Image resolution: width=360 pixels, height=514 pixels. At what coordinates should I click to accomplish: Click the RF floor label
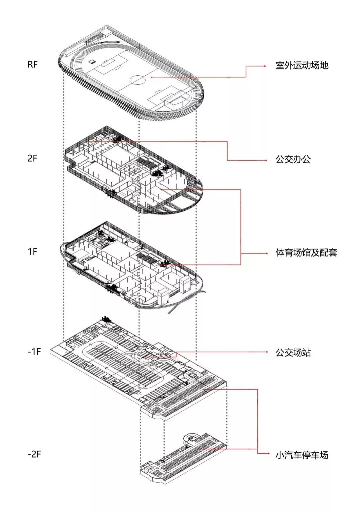tap(33, 64)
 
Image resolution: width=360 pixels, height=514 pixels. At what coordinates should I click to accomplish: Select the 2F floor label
tap(32, 158)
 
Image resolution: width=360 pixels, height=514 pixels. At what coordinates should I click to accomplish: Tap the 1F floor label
tap(32, 251)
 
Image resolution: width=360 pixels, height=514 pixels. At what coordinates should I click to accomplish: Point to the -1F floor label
tap(34, 352)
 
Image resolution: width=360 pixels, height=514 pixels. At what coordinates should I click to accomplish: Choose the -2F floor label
tap(34, 454)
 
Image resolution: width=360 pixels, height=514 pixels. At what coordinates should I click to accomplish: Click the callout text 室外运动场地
tap(302, 65)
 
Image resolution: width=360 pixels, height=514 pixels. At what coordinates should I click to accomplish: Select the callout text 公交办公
tap(293, 159)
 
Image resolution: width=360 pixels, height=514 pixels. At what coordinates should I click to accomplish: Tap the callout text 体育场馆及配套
tap(306, 252)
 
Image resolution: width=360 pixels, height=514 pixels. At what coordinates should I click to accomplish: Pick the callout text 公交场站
tap(293, 353)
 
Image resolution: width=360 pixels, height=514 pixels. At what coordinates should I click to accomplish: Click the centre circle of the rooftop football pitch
tap(137, 80)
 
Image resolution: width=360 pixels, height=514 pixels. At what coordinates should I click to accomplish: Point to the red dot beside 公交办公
tap(266, 160)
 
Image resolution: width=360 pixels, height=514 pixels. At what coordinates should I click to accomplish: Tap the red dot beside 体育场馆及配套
tap(267, 253)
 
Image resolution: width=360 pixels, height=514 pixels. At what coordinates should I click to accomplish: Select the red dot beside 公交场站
tap(267, 352)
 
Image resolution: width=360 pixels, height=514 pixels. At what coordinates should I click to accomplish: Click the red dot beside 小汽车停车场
tap(269, 454)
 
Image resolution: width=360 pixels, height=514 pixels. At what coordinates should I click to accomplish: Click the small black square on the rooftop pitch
tap(92, 62)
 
